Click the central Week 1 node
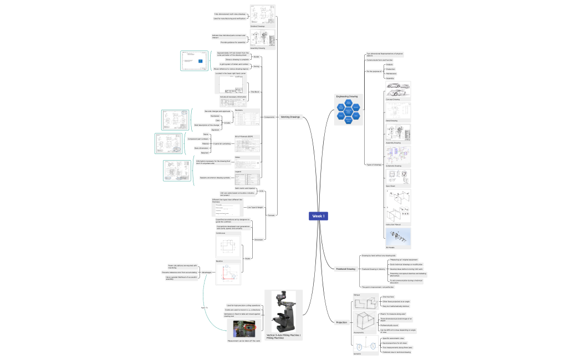pos(319,216)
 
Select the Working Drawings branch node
pos(290,117)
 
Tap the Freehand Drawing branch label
pos(346,269)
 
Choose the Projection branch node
pos(341,322)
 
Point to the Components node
pos(269,117)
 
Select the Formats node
pos(271,215)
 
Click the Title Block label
pos(255,91)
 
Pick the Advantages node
pos(206,272)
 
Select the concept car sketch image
pos(398,90)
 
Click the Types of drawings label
pos(373,165)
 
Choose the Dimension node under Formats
pos(258,239)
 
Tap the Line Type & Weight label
pos(254,207)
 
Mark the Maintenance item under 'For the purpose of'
pos(391,74)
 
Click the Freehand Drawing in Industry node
pos(373,269)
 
